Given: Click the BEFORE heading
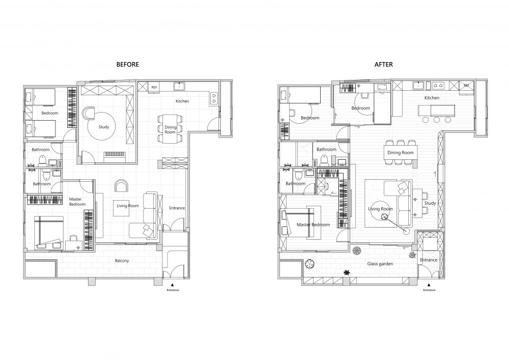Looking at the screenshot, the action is [x=128, y=65].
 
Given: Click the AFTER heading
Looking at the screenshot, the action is [x=384, y=65].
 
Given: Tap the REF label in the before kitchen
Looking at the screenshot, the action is [x=154, y=87].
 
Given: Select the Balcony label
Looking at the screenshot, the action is [x=122, y=261].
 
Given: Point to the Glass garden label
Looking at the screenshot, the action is [x=380, y=264].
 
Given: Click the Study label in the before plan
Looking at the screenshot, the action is [x=104, y=127].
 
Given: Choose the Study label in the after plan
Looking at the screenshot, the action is [x=430, y=203].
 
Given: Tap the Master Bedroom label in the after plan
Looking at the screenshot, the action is [x=313, y=225].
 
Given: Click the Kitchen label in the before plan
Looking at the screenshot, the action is [x=182, y=101].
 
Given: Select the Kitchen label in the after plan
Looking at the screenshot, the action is [x=432, y=98].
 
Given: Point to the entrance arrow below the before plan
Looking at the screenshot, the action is [x=173, y=285].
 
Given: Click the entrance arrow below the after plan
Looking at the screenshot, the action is [x=429, y=285].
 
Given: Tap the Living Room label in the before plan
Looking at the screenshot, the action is [x=128, y=206].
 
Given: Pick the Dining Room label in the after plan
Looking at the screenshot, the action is [x=401, y=153].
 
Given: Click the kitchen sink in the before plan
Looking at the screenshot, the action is [x=179, y=87].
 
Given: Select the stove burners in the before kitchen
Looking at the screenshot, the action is [x=214, y=98].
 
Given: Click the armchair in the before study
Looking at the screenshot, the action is [x=89, y=113].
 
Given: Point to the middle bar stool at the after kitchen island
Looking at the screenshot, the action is [x=437, y=120].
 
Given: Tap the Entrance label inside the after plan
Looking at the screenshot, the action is [x=429, y=260].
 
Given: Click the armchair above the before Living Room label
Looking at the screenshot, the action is [x=122, y=186].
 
